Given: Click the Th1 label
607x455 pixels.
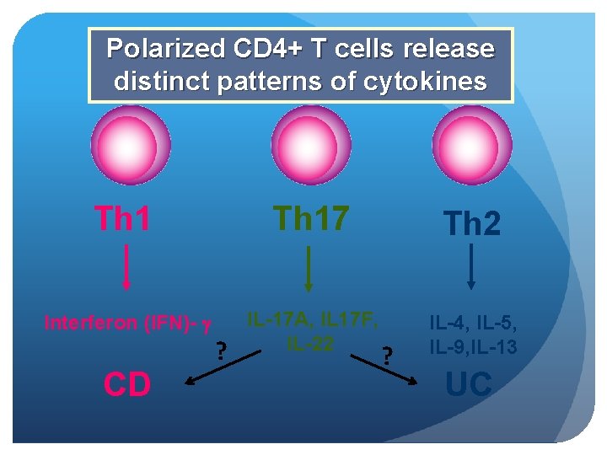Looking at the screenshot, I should [x=122, y=217].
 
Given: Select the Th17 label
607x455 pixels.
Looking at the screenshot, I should [x=310, y=217].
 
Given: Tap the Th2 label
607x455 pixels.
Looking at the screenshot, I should [x=471, y=224].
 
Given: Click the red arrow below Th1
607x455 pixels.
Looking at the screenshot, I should [x=126, y=269].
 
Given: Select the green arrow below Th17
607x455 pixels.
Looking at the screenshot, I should [x=309, y=269].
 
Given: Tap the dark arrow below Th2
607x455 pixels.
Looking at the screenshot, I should [x=470, y=269].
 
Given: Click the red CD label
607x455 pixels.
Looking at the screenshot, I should [x=127, y=384].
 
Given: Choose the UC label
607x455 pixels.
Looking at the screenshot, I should [x=468, y=384].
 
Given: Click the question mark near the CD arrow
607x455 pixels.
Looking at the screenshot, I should [x=221, y=348].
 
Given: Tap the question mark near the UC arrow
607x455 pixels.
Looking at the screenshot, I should [x=387, y=356].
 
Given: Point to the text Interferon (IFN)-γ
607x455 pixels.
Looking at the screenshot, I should [x=127, y=322].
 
